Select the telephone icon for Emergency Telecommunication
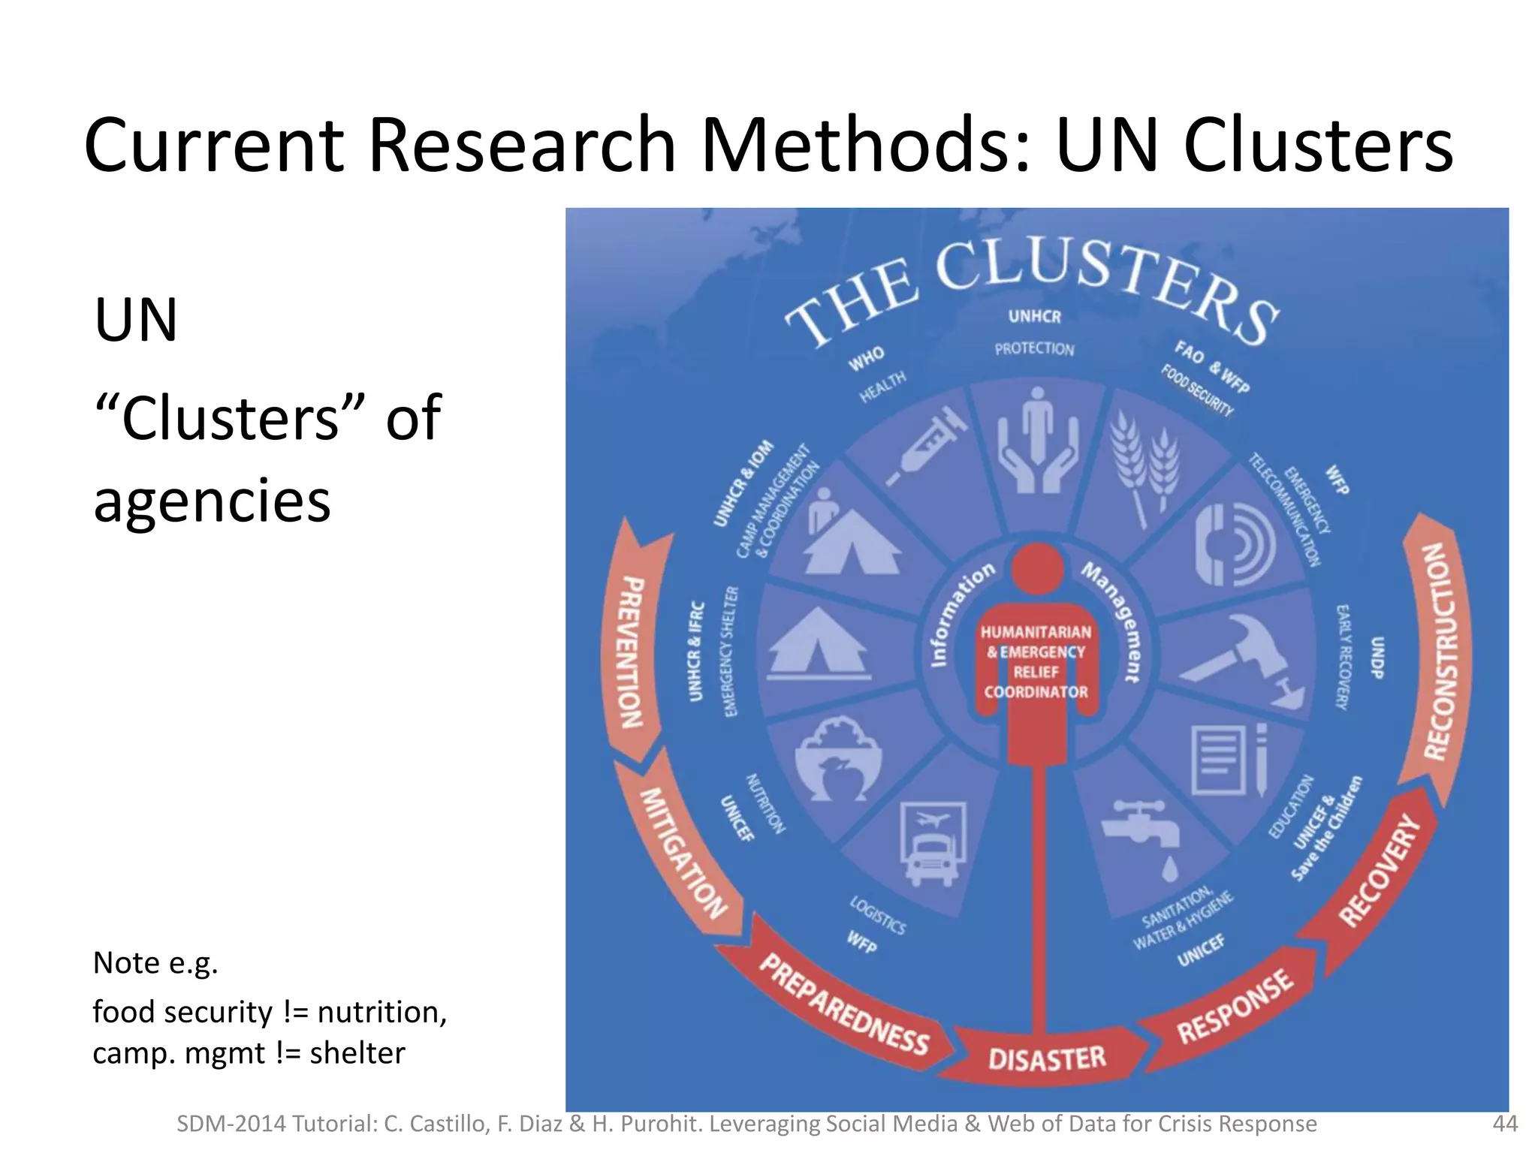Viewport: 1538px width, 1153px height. tap(1232, 544)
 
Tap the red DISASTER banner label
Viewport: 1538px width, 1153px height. tap(1046, 1059)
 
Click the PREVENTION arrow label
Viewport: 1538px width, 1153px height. tap(633, 653)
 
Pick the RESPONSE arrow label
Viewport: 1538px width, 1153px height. tap(1235, 1006)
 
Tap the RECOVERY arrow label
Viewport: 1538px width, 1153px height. tap(1380, 871)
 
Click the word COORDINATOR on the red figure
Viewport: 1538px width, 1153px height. tap(1036, 692)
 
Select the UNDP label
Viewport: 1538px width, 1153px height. tap(1377, 658)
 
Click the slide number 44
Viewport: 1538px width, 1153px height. tap(1504, 1124)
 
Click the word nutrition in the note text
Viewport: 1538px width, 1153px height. tap(381, 1012)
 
